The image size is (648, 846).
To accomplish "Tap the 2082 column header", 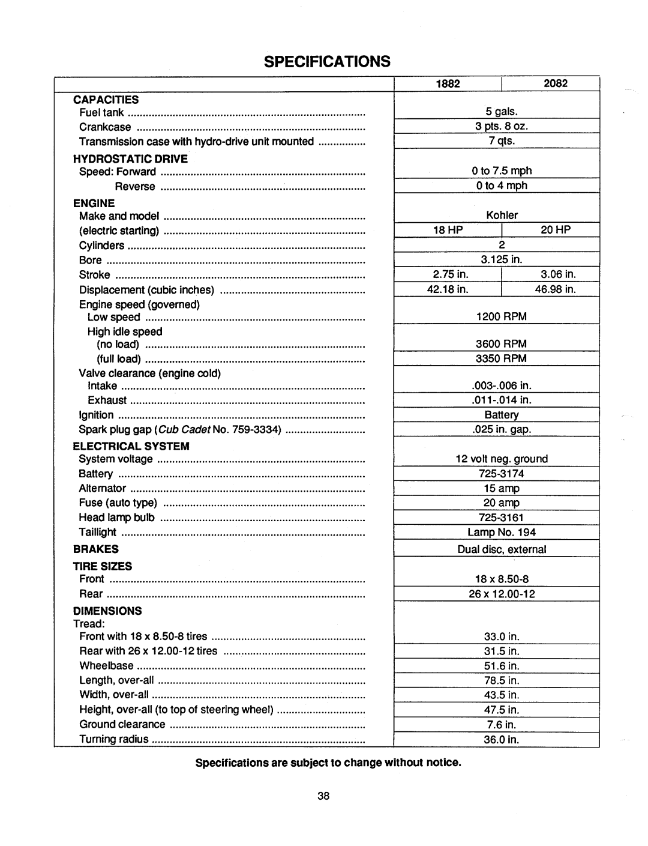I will [x=556, y=83].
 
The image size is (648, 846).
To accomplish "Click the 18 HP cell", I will [x=448, y=230].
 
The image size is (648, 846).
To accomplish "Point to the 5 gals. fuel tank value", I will [x=502, y=112].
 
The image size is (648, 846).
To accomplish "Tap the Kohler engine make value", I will [x=502, y=215].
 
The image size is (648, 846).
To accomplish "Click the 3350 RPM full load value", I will [x=502, y=358].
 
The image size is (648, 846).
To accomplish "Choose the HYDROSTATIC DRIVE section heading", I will [x=130, y=159].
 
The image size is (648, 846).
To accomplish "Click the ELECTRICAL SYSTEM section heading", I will [x=131, y=446].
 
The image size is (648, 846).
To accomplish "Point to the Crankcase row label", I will [x=105, y=127].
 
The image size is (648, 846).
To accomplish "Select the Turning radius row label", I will [x=114, y=739].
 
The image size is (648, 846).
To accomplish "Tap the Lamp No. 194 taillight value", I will [x=502, y=532].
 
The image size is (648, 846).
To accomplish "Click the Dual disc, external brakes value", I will [x=502, y=549].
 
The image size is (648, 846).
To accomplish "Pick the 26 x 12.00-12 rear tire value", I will [x=502, y=594].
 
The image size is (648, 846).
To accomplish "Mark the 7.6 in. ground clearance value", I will [x=502, y=725].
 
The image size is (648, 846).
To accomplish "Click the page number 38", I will [x=323, y=796].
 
